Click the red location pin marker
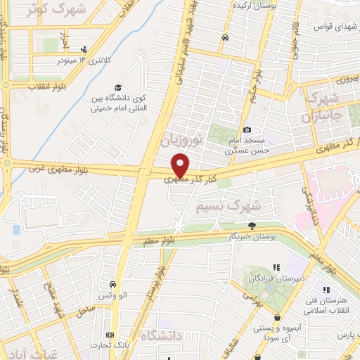[181, 165]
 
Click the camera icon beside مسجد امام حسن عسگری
[247, 129]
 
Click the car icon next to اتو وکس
[112, 285]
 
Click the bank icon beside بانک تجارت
[109, 335]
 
